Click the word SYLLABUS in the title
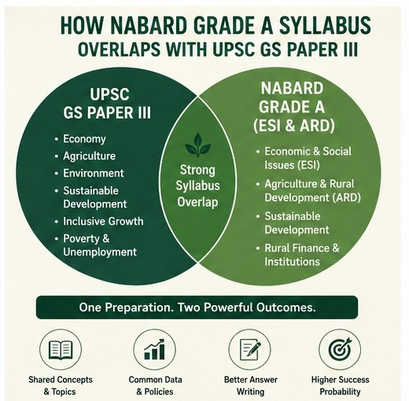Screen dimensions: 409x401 pos(325,25)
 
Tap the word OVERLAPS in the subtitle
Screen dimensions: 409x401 pos(119,49)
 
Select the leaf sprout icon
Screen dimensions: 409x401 pos(197,145)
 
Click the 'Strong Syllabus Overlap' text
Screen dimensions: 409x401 pos(197,186)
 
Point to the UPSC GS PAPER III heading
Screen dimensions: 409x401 pos(107,104)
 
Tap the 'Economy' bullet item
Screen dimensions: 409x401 pos(84,138)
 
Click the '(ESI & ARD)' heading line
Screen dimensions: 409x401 pos(294,126)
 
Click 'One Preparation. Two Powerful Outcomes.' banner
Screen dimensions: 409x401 pos(197,307)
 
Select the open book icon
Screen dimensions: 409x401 pos(61,350)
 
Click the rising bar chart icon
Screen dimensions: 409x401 pos(155,349)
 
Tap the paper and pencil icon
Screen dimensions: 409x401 pos(250,351)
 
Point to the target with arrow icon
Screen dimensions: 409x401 pos(340,350)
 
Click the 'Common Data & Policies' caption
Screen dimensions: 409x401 pos(155,385)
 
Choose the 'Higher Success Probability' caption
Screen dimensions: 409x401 pos(340,385)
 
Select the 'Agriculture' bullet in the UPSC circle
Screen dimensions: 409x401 pos(89,156)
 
